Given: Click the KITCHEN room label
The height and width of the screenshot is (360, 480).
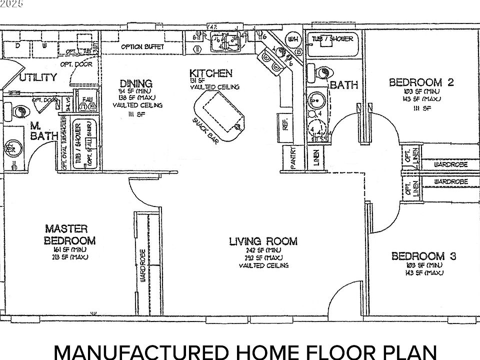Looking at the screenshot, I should click(x=210, y=73).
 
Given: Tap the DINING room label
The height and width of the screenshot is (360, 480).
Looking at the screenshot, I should click(x=135, y=83).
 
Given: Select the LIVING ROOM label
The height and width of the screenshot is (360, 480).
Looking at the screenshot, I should click(x=263, y=241).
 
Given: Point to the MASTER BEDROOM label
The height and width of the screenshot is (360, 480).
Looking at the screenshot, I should click(x=69, y=234).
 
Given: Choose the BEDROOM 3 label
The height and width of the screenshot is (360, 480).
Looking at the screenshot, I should click(x=423, y=256).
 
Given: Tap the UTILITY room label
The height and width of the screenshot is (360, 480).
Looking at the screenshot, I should click(x=38, y=77).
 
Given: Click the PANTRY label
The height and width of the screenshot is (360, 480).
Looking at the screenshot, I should click(x=294, y=158).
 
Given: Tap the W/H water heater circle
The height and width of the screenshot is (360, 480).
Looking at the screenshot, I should click(x=293, y=39).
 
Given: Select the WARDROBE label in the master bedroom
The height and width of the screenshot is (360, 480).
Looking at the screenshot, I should click(x=142, y=265).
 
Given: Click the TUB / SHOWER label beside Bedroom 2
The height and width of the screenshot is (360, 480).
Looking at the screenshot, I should click(x=332, y=39).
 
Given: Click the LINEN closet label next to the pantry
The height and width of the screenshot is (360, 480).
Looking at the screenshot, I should click(x=316, y=158).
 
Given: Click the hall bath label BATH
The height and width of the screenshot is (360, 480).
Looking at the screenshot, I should click(x=344, y=85).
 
